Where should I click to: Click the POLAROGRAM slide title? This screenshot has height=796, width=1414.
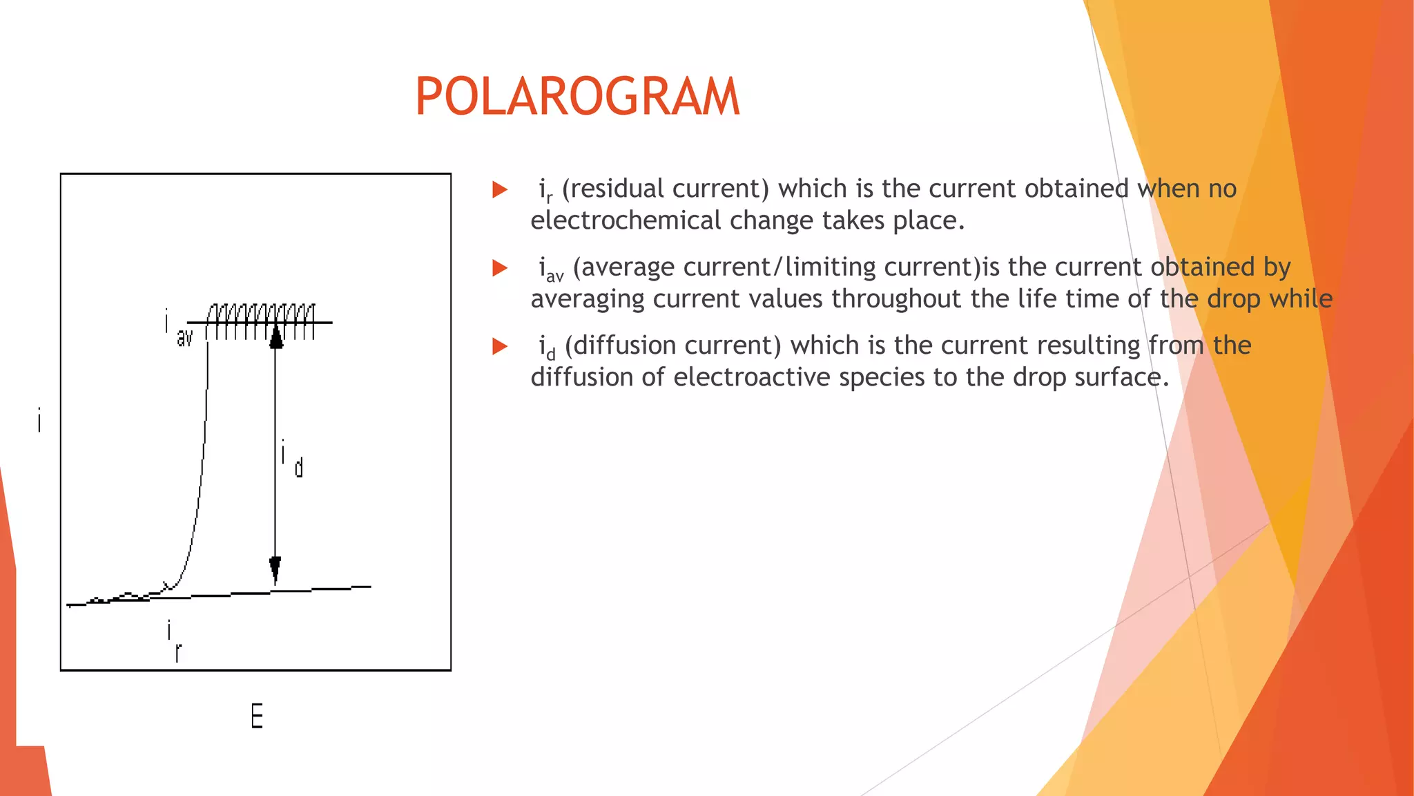577,96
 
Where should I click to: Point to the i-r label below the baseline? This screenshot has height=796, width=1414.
174,641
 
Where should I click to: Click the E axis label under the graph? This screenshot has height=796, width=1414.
256,716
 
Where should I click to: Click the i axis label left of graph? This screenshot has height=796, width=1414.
39,420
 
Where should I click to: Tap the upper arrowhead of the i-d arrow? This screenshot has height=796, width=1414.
275,337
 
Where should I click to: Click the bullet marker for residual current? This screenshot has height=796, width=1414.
500,189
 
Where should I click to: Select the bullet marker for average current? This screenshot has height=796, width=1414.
500,268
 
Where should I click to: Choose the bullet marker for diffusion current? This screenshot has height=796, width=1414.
500,346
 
